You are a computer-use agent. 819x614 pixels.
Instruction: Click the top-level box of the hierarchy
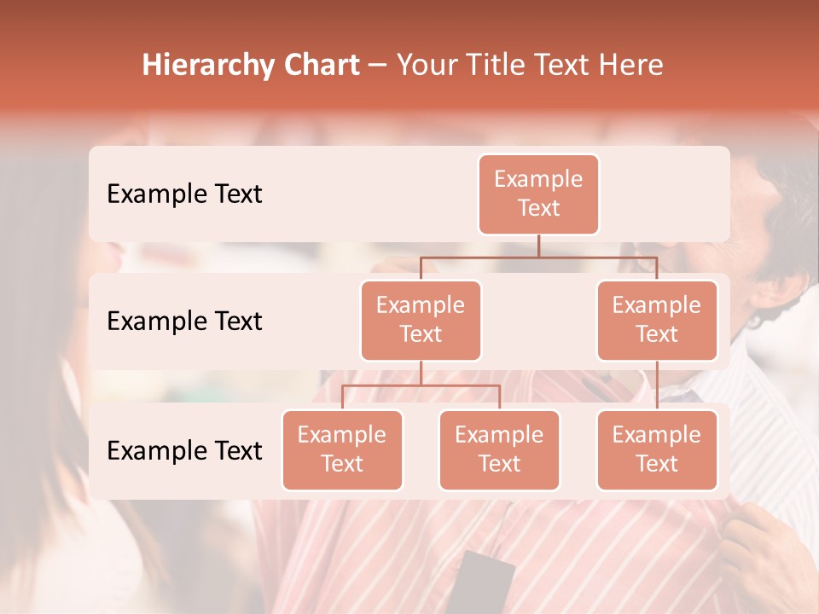click(538, 194)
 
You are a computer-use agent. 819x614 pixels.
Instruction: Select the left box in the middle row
click(421, 320)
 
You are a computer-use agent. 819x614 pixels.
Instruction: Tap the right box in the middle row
click(657, 320)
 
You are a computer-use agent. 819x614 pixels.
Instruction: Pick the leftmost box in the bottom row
click(342, 449)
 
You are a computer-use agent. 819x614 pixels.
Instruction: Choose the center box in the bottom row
click(499, 449)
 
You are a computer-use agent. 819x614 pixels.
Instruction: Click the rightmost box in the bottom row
click(657, 449)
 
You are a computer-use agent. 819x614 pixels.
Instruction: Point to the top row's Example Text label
click(184, 194)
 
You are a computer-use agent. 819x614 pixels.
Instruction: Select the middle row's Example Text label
click(184, 321)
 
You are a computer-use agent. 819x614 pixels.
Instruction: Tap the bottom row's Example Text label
click(184, 450)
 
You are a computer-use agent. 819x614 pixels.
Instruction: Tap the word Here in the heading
click(631, 65)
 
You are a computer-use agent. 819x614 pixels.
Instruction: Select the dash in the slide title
click(378, 66)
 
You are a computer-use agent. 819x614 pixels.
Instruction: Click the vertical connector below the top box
click(538, 246)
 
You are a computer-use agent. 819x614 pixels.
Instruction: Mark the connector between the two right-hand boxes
click(657, 385)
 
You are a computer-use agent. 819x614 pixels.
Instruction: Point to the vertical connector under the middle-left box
click(421, 374)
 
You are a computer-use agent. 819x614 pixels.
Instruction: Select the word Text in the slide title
click(567, 65)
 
